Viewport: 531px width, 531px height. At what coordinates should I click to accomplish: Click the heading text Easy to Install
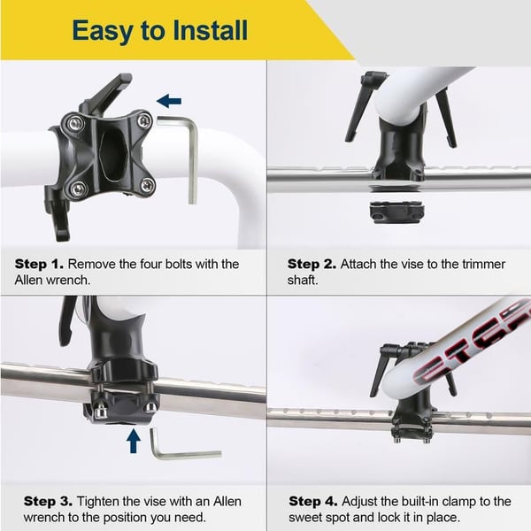click(x=160, y=30)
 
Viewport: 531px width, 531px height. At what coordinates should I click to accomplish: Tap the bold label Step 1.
click(x=38, y=264)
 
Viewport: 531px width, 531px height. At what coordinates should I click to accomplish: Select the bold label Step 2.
click(x=311, y=264)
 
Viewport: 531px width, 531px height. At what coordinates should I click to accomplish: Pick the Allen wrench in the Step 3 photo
click(x=181, y=450)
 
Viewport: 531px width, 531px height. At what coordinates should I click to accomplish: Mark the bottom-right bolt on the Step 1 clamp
click(x=146, y=184)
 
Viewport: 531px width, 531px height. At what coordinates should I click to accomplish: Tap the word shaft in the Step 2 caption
click(x=304, y=280)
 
